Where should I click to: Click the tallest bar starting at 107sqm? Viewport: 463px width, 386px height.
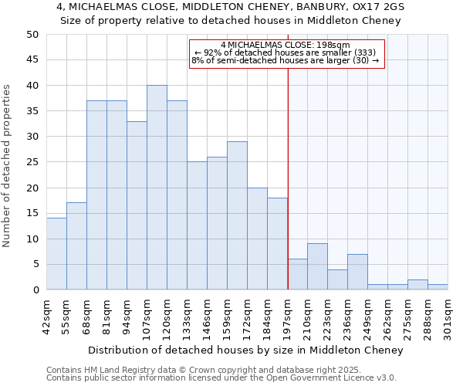[157, 188]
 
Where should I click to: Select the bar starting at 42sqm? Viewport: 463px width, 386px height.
[56, 254]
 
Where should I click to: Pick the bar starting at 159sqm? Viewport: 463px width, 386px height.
[237, 215]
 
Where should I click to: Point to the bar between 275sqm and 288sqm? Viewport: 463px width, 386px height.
[417, 285]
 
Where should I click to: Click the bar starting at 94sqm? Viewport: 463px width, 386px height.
[137, 205]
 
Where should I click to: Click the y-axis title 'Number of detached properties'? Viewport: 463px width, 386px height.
[8, 166]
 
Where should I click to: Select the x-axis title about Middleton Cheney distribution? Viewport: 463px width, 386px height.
[245, 350]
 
